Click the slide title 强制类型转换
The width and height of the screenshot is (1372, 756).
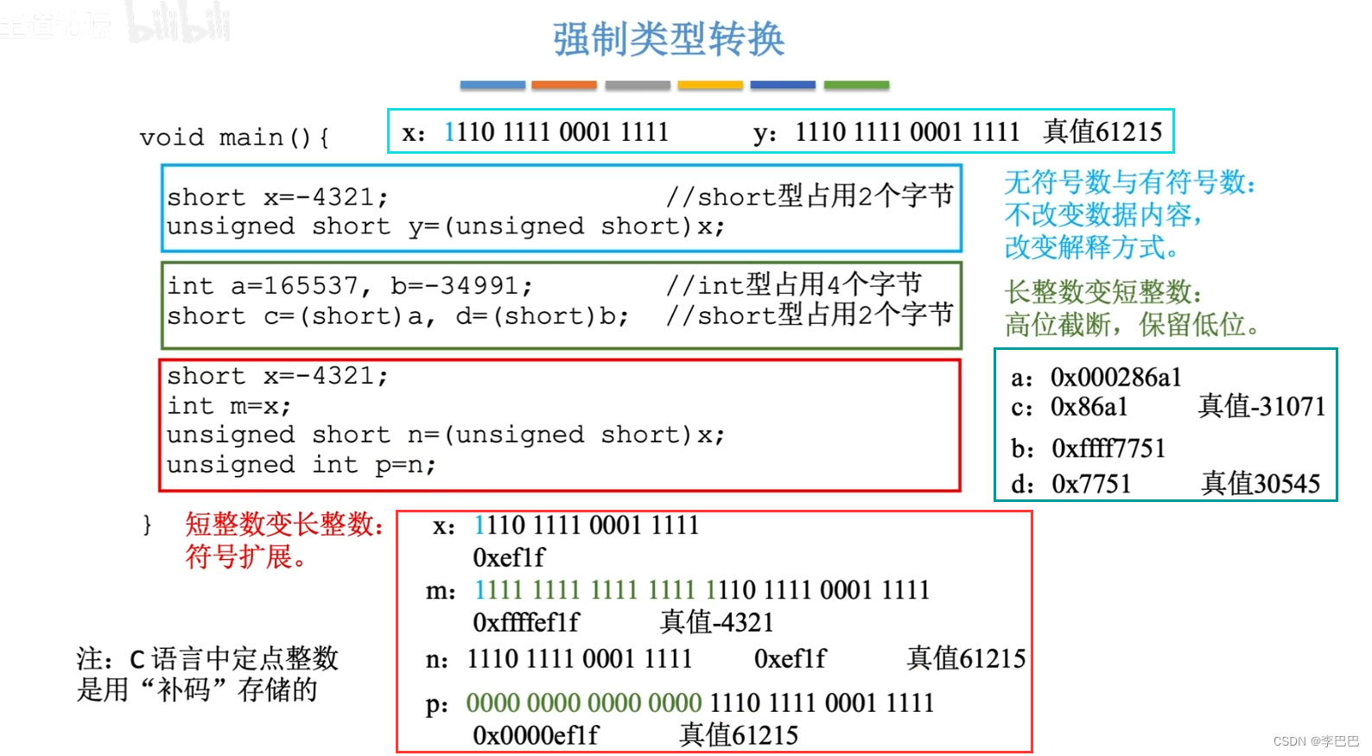click(x=669, y=40)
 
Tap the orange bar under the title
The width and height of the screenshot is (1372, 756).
click(x=563, y=85)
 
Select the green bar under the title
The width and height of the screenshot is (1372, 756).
click(x=856, y=85)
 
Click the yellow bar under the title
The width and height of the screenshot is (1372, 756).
click(x=710, y=85)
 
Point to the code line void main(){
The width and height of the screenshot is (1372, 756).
click(x=234, y=137)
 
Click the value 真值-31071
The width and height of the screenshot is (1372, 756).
click(x=1261, y=406)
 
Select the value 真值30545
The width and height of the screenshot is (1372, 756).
click(x=1261, y=483)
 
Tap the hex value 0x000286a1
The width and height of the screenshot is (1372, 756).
click(x=1115, y=378)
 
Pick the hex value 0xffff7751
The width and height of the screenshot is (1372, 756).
click(x=1108, y=448)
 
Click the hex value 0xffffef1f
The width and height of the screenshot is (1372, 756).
click(x=526, y=622)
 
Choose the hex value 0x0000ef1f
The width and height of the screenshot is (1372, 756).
click(x=536, y=735)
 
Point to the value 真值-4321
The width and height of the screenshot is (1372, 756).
click(x=716, y=622)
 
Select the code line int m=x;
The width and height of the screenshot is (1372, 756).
click(x=229, y=405)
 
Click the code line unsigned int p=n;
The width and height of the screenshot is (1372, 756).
click(x=302, y=465)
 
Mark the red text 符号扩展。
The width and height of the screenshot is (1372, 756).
click(x=246, y=556)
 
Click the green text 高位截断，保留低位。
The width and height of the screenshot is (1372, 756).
click(x=1132, y=325)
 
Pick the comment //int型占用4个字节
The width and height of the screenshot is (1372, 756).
click(x=794, y=284)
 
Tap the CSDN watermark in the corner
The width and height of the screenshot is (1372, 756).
click(x=1316, y=741)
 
